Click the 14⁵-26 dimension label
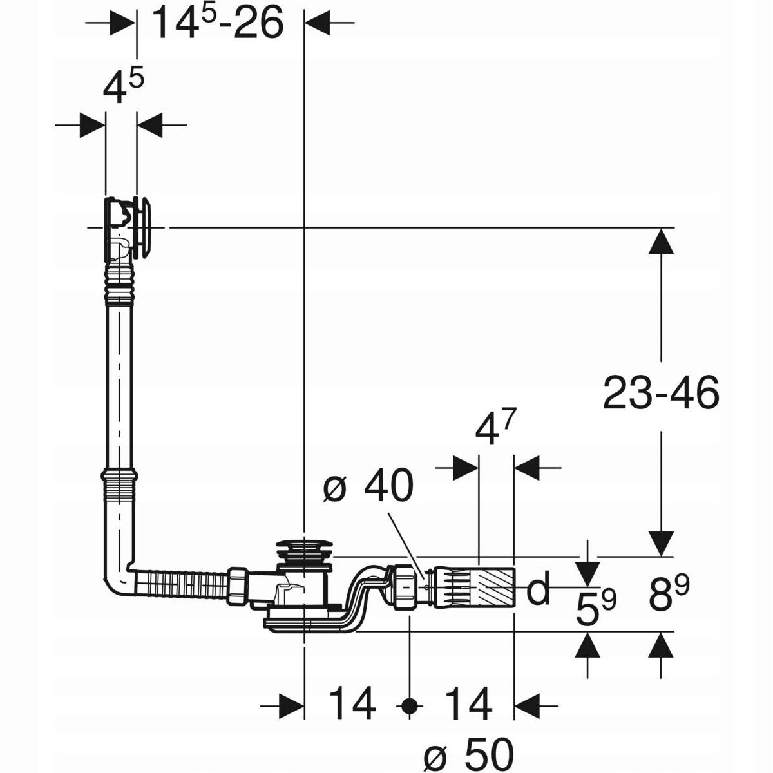click(x=217, y=24)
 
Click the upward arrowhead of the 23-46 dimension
click(x=661, y=242)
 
